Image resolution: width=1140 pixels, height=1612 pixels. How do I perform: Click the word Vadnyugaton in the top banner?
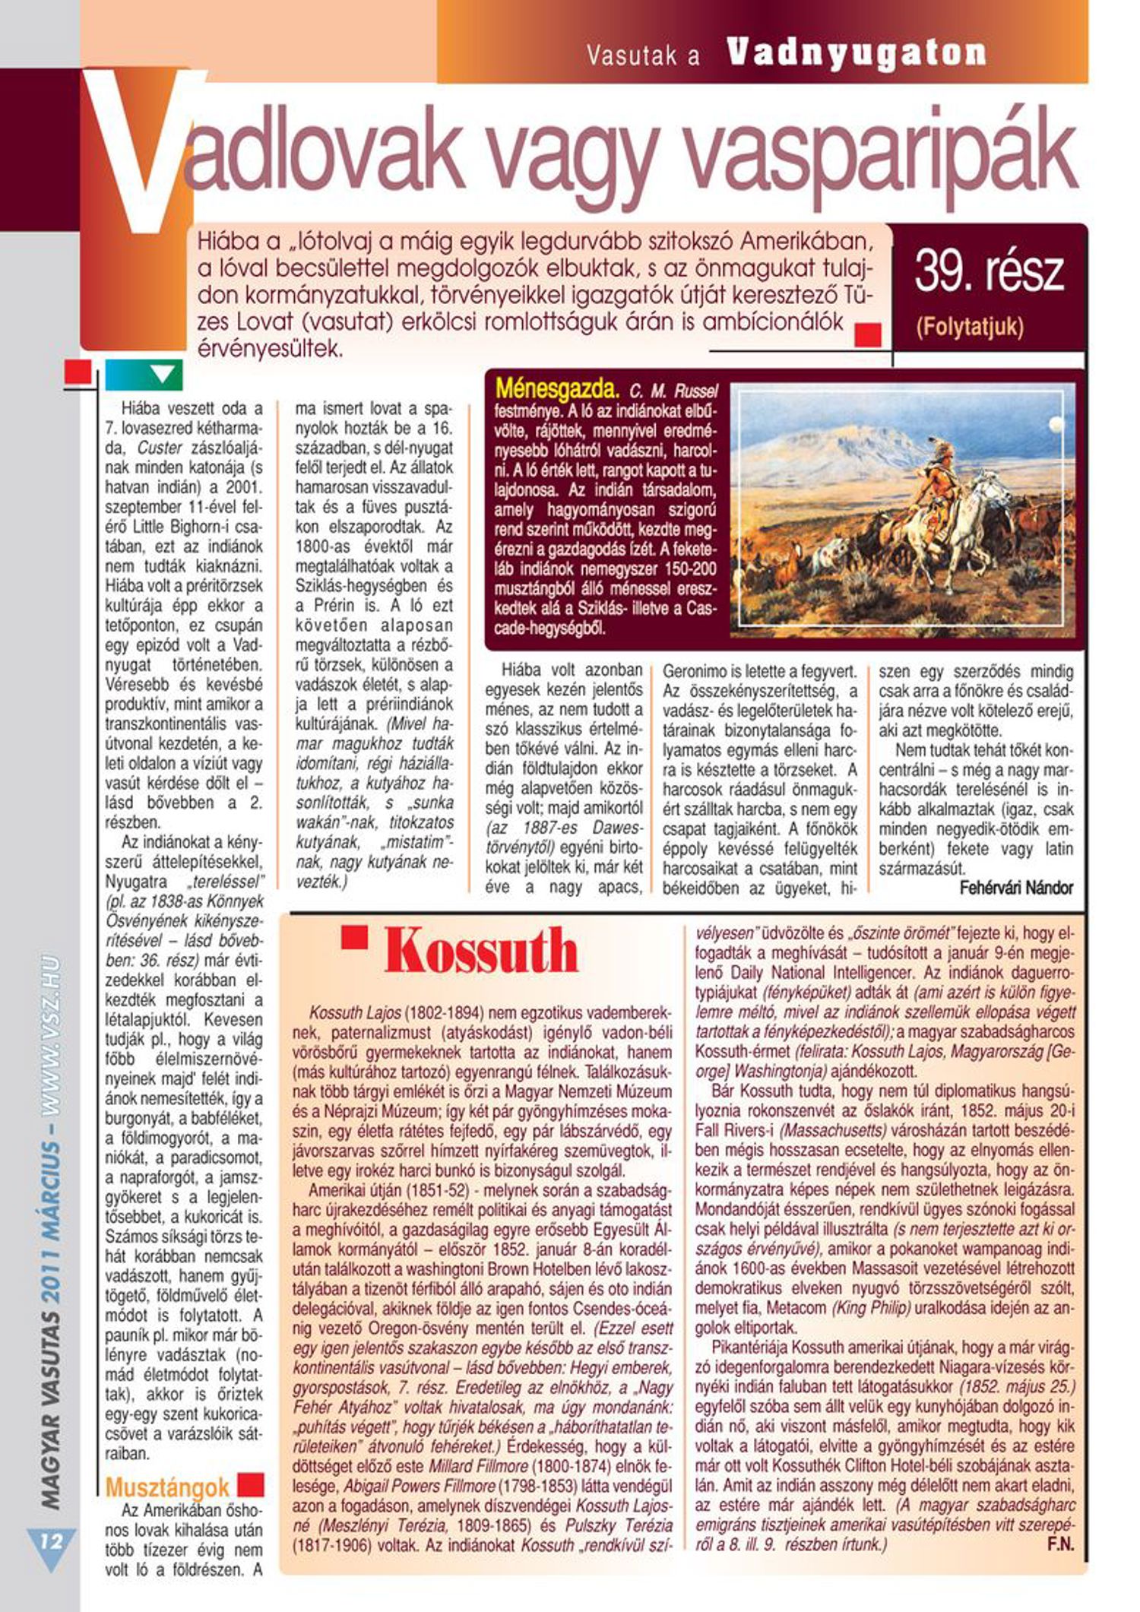point(857,53)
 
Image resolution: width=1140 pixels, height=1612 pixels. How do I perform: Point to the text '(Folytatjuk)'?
point(971,328)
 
